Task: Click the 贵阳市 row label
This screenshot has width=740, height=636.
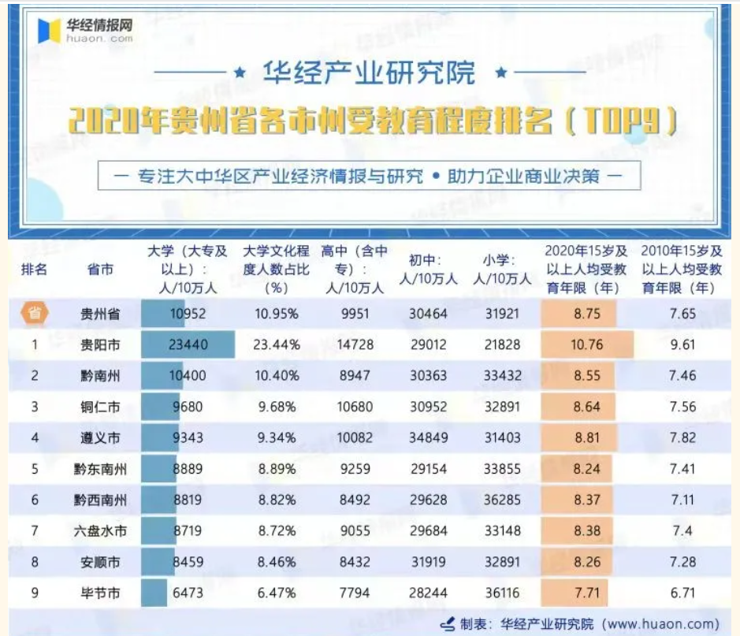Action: pos(100,344)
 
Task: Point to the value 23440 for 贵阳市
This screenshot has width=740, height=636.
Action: pos(188,344)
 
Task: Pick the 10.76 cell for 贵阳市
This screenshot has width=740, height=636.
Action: pos(587,344)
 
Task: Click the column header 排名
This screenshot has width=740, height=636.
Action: pos(35,269)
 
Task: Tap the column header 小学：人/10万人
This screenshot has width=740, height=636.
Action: pos(502,269)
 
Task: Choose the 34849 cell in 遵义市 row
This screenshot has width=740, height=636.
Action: pos(428,437)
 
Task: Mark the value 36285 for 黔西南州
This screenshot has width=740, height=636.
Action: pos(502,500)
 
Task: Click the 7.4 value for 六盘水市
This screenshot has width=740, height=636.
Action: pos(682,531)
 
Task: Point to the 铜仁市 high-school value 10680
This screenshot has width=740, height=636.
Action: pos(354,407)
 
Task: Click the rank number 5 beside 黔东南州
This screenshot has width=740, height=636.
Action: pos(35,469)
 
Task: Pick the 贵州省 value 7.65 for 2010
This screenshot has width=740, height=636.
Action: pos(682,314)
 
